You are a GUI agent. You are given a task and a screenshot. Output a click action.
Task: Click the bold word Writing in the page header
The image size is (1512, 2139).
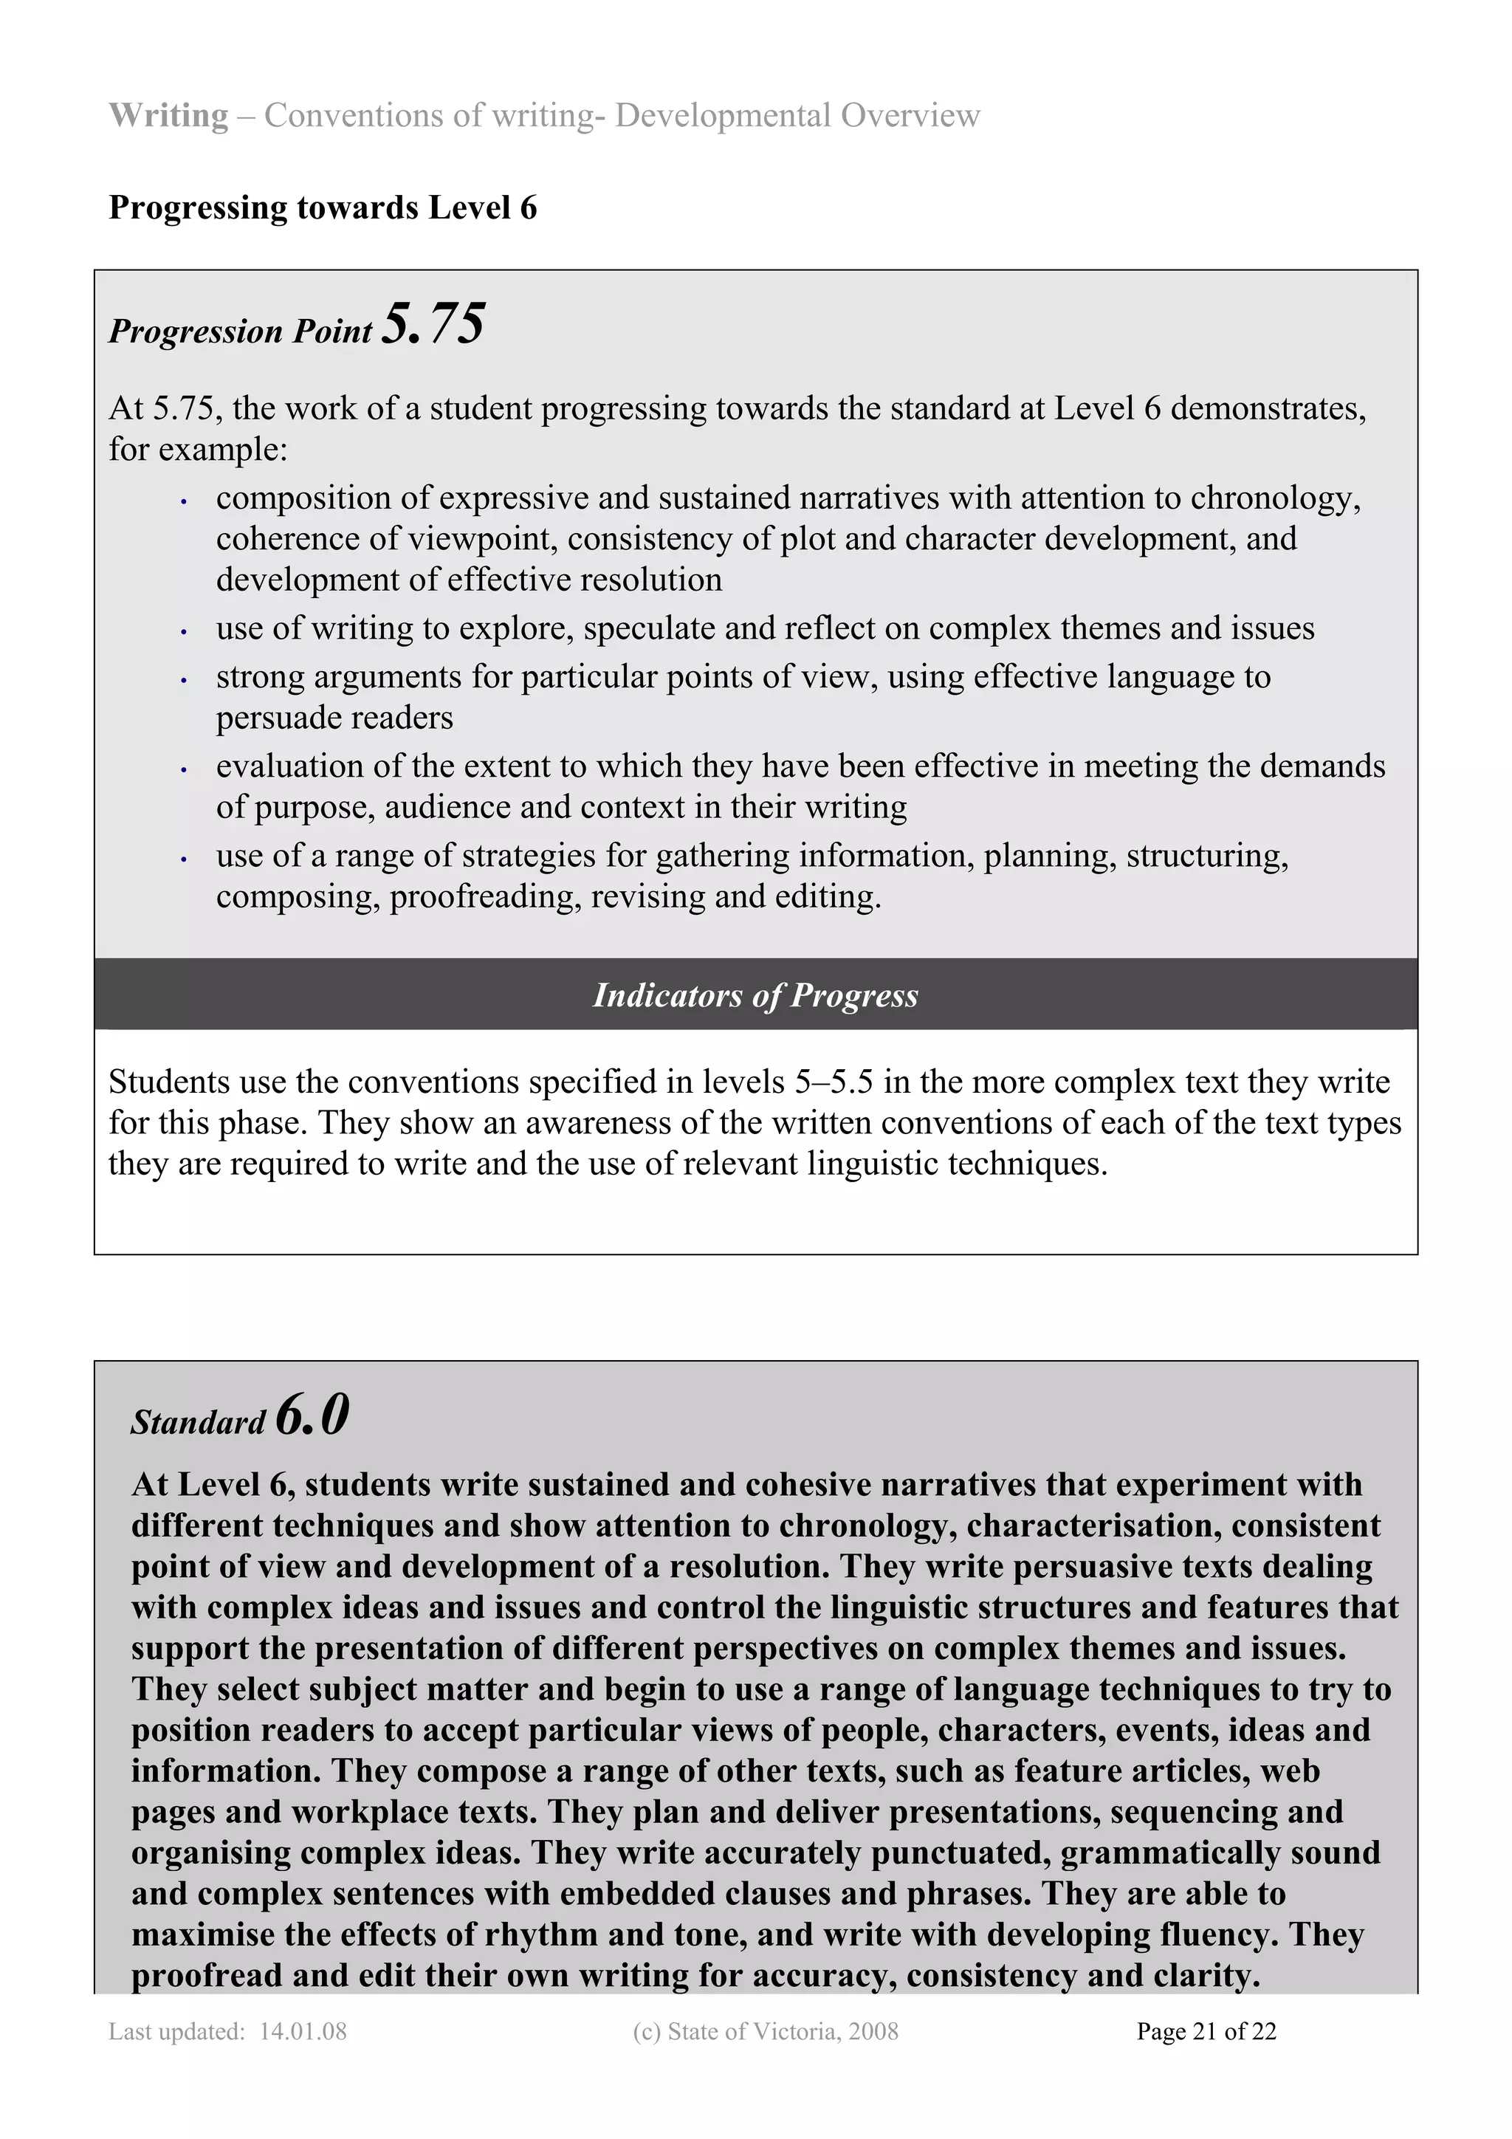tap(168, 115)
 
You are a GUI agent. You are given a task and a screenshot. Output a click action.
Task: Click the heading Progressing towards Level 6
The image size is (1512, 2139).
tap(323, 207)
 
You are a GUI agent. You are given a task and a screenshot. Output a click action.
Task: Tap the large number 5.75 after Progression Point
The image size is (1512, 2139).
tap(434, 324)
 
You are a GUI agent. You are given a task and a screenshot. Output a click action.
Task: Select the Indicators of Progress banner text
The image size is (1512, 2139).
tap(755, 995)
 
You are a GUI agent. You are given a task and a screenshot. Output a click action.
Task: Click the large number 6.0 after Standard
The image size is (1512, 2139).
tap(312, 1415)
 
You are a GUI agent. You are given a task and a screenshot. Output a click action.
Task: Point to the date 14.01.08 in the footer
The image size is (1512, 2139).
tap(303, 2031)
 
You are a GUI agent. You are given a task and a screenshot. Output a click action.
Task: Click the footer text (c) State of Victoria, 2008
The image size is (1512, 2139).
tap(765, 2031)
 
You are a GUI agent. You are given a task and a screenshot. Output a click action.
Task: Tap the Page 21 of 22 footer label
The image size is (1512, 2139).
tap(1206, 2031)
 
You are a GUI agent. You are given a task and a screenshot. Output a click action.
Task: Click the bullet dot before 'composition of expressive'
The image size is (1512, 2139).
tap(185, 502)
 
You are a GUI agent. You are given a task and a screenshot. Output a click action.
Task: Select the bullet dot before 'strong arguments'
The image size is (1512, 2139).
tap(185, 681)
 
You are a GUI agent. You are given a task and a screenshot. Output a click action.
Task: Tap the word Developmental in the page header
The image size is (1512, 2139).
tap(722, 115)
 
